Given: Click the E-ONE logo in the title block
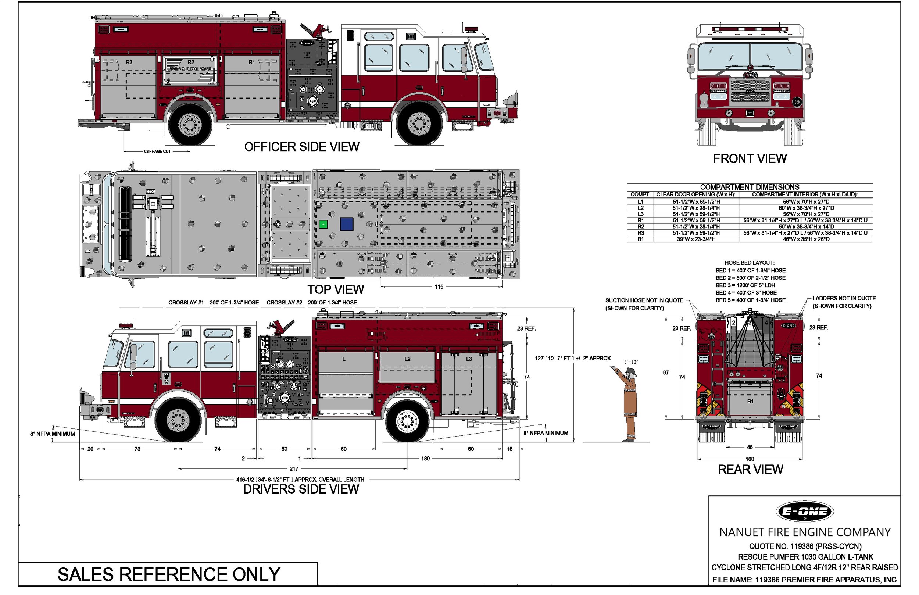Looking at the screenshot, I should [x=804, y=512].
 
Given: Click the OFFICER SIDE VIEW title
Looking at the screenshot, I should [x=301, y=147].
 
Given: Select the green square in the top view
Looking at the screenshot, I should [x=323, y=224].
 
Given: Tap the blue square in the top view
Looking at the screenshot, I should [x=346, y=224].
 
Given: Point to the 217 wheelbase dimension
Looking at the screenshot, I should [x=294, y=468].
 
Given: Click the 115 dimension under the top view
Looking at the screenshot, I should [x=439, y=287].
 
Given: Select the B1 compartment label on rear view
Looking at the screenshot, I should [x=750, y=402].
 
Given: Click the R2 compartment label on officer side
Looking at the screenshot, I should [x=191, y=62].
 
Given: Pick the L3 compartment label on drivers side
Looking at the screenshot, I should [x=469, y=359].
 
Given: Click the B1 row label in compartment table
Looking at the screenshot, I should [x=641, y=239].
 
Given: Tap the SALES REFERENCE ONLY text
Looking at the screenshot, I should [x=169, y=574].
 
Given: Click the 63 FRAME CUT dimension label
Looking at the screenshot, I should [x=158, y=152].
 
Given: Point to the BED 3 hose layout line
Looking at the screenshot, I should [x=745, y=285].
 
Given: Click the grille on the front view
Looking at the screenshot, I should [x=750, y=91].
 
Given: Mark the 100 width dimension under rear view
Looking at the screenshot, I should [x=750, y=459].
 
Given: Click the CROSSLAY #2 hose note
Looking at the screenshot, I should [x=312, y=303].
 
